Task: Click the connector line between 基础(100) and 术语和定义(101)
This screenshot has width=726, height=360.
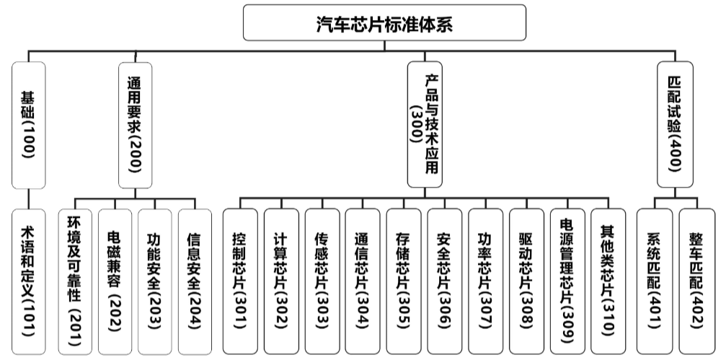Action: point(29,198)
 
